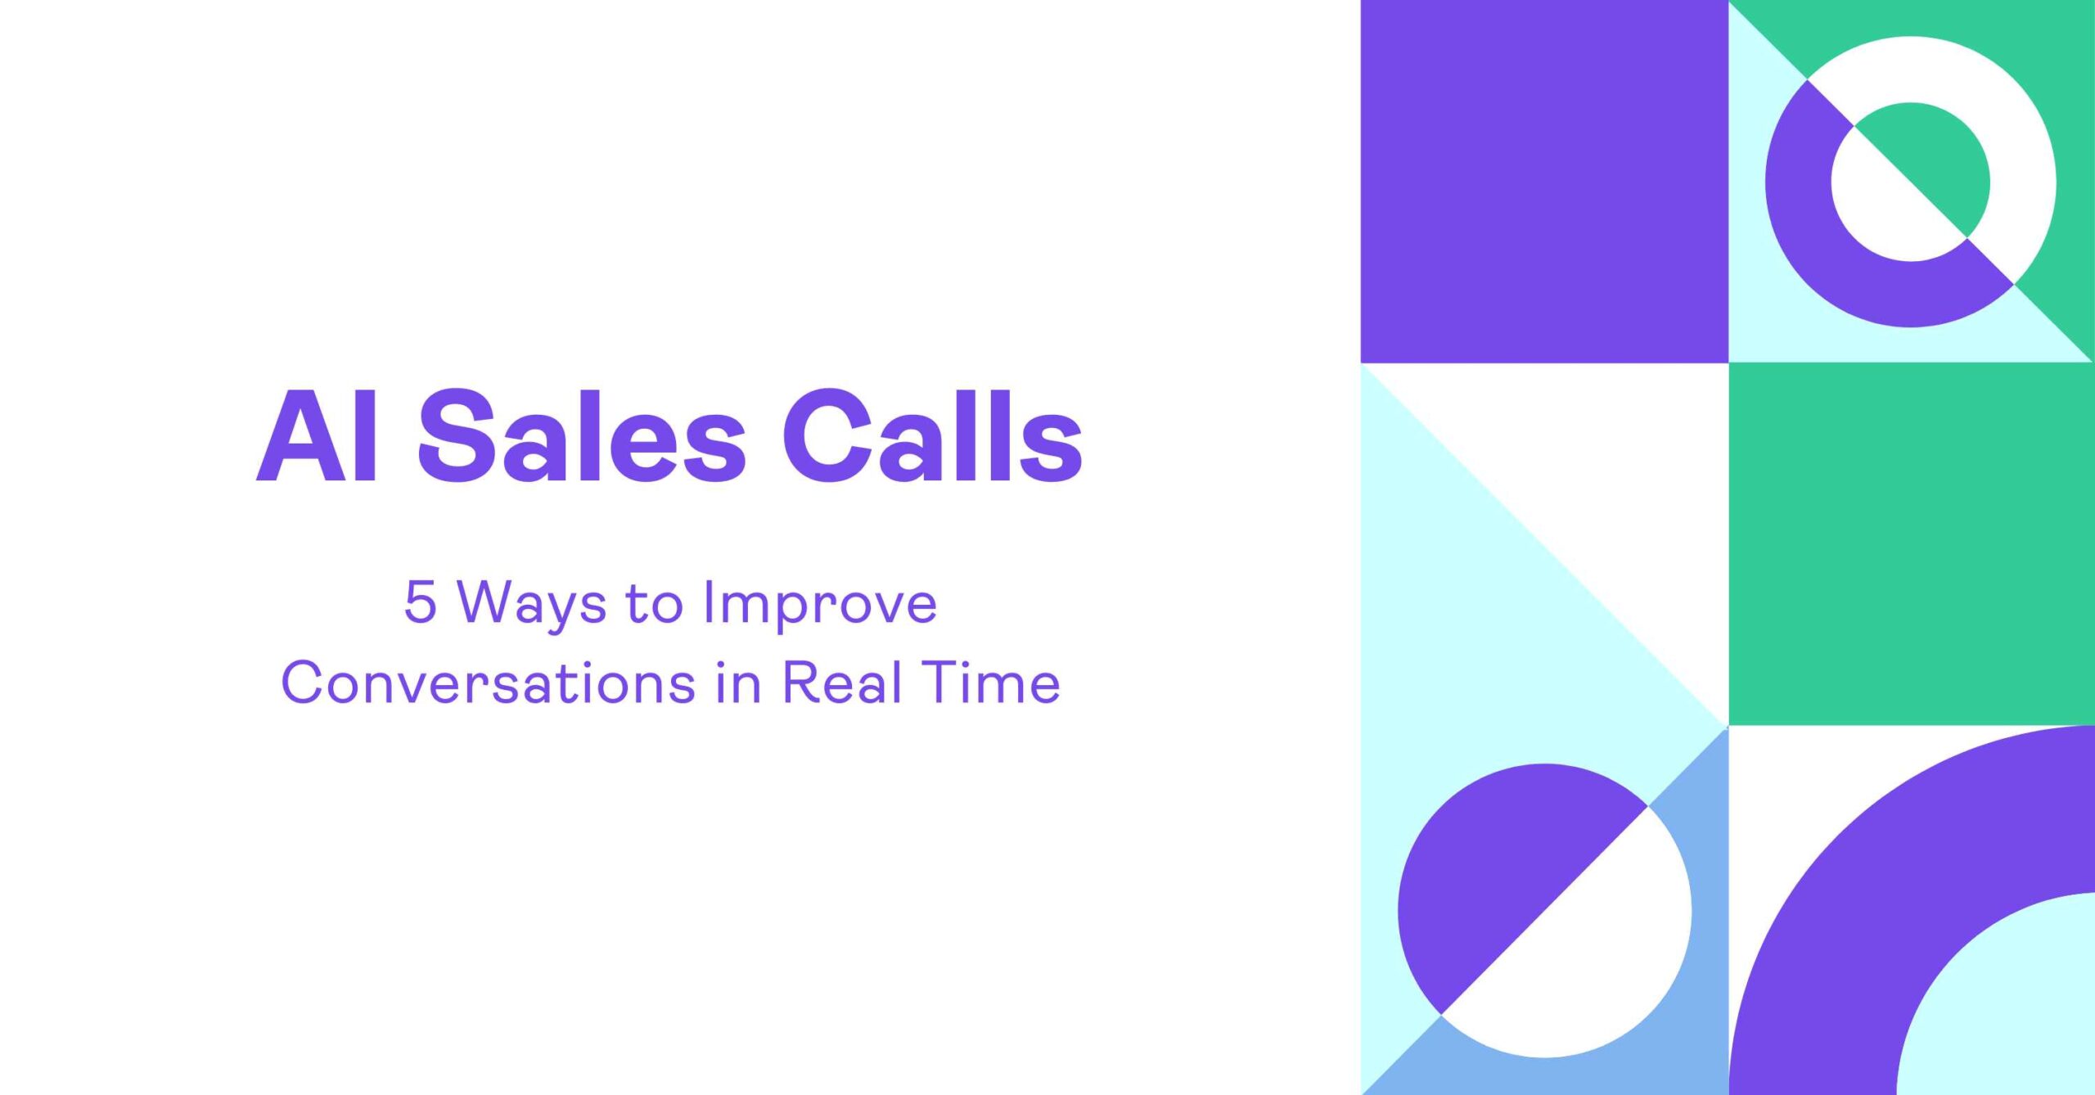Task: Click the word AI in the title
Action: (x=318, y=435)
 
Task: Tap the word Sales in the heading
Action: (x=581, y=435)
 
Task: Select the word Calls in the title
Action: (x=933, y=435)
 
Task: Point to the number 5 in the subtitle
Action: (x=420, y=602)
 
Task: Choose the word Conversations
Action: (x=488, y=683)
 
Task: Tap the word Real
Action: (x=842, y=683)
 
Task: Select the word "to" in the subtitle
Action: (x=654, y=604)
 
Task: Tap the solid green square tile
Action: (x=1912, y=543)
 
